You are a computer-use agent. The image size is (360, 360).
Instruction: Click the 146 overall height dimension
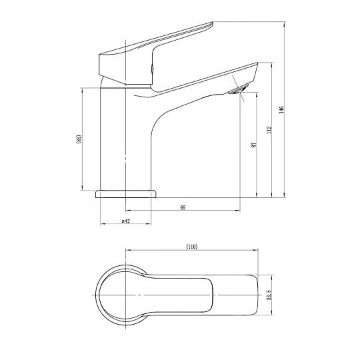[x=282, y=109]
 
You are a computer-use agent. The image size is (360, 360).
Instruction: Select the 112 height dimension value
[x=269, y=130]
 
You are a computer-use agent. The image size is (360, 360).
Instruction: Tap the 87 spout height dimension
[x=254, y=145]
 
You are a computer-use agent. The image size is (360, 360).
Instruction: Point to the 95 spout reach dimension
[x=183, y=208]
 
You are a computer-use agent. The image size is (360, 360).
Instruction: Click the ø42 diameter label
[x=126, y=221]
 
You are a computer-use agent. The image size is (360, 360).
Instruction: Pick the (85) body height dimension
[x=79, y=139]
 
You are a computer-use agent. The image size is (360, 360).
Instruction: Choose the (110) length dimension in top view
[x=192, y=247]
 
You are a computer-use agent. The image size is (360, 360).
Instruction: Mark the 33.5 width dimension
[x=269, y=295]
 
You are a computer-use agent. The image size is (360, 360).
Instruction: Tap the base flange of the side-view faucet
[x=126, y=194]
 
